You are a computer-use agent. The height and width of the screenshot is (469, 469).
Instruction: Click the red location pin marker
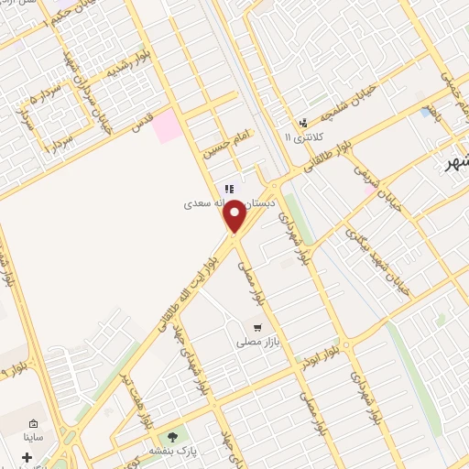click(235, 216)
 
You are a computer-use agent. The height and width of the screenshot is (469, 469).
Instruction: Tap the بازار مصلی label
click(256, 342)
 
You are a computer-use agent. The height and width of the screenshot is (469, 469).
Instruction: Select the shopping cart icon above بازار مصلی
click(257, 326)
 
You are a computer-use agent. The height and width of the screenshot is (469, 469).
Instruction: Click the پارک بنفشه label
click(171, 451)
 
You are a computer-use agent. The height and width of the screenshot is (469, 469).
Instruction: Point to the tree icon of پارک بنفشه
click(171, 436)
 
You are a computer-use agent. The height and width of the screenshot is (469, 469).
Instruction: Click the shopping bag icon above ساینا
click(34, 425)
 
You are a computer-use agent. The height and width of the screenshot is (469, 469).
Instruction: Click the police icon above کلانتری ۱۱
click(303, 122)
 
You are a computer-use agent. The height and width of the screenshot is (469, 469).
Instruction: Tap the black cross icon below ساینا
click(27, 457)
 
